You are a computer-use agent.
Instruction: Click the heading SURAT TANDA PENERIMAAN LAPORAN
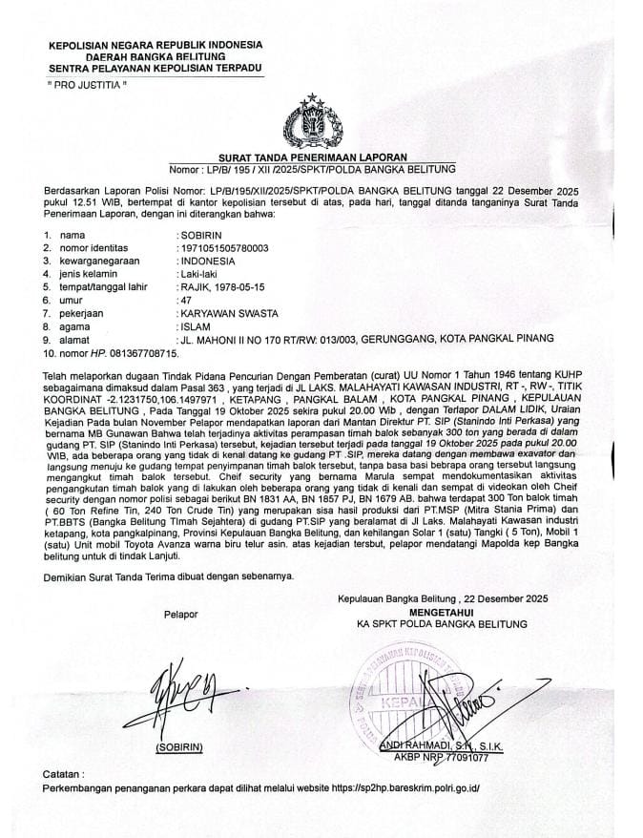pos(314,157)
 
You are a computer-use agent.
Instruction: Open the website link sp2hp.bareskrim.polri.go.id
pos(410,789)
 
